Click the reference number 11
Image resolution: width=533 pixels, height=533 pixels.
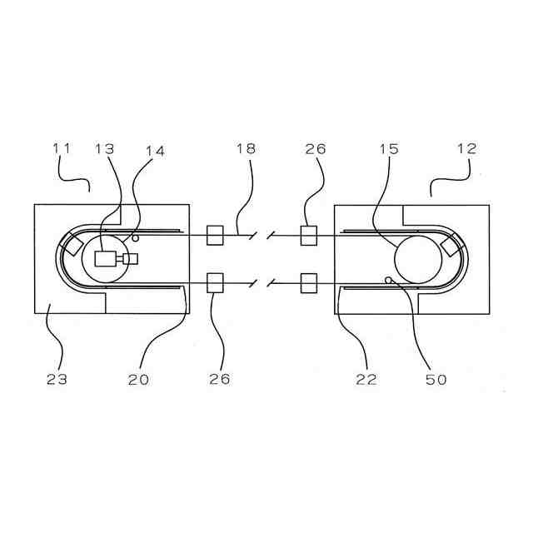click(x=62, y=150)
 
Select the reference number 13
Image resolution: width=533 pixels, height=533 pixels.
click(x=105, y=150)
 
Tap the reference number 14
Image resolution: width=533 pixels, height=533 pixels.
click(x=155, y=152)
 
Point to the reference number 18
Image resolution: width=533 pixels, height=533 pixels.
click(x=246, y=150)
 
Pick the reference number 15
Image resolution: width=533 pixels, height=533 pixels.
click(x=389, y=150)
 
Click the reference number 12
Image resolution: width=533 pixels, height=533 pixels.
click(x=466, y=150)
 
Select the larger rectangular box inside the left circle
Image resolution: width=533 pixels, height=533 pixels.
click(x=107, y=259)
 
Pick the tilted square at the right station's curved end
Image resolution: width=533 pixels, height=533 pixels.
click(x=453, y=247)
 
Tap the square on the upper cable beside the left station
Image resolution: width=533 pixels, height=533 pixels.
click(x=214, y=237)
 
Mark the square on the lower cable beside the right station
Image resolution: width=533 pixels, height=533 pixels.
click(x=309, y=283)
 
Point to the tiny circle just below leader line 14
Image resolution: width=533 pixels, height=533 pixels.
click(x=136, y=239)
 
